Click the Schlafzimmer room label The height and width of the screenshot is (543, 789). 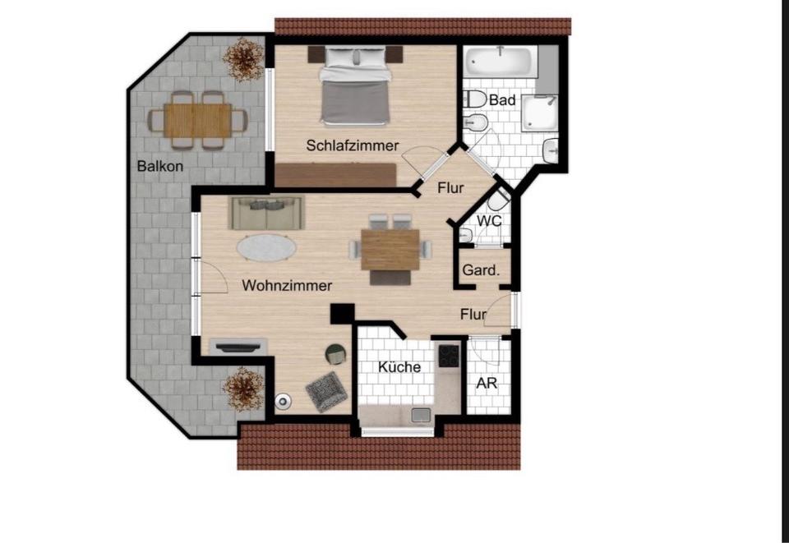tap(353, 145)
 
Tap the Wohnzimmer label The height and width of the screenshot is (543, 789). tap(287, 286)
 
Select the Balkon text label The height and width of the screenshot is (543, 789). tap(160, 166)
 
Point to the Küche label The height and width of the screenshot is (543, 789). tap(399, 367)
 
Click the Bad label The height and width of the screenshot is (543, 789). tap(502, 100)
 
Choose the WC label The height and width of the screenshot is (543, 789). tap(490, 220)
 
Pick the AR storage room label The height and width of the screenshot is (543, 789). tap(487, 384)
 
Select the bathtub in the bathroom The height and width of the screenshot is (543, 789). tap(500, 62)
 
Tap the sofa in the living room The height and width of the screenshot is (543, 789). tap(267, 214)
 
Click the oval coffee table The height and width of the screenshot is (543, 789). tap(268, 247)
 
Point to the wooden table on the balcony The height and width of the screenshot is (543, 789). tap(197, 121)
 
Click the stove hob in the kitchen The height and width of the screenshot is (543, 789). tap(449, 355)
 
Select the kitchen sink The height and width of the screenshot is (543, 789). tap(421, 415)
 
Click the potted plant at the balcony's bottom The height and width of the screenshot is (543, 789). tap(244, 389)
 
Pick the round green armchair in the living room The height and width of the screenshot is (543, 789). tap(336, 354)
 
